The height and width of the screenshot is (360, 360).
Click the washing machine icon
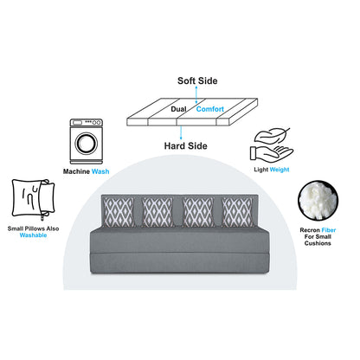87,141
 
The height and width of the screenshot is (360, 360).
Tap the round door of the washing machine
87,143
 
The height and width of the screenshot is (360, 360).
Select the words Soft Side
197,80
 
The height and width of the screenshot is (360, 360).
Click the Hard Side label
186,146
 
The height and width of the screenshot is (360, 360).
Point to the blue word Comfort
210,109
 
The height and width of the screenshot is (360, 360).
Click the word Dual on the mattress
179,109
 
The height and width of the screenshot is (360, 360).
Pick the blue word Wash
100,171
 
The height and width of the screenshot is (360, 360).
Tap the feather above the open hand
272,136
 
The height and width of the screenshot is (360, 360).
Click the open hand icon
271,154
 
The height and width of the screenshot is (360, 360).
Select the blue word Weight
280,170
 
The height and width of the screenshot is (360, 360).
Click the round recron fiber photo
318,201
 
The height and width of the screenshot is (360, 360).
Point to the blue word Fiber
329,230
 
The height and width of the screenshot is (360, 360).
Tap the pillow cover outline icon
34,198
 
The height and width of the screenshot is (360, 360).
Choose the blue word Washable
33,235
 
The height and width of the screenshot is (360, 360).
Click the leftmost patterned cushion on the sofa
119,212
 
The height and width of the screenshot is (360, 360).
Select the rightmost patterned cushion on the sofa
237,212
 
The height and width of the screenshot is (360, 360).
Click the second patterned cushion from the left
157,212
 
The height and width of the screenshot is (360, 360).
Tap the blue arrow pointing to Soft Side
196,94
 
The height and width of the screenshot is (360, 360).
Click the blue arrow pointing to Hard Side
181,133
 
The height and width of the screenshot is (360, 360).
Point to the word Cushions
318,243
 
